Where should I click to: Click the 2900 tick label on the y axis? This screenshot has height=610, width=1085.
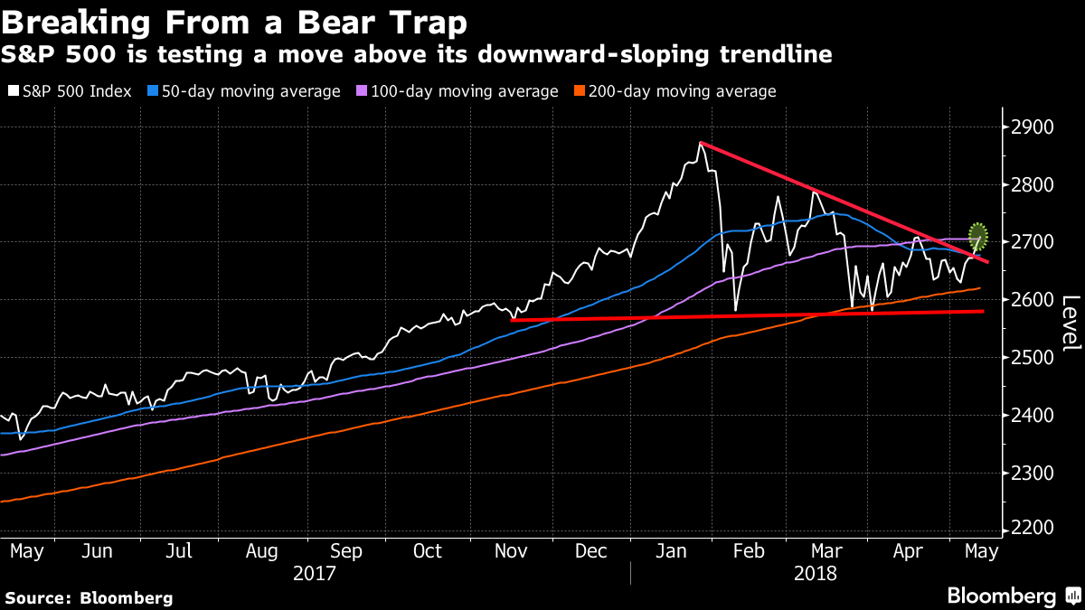1033,127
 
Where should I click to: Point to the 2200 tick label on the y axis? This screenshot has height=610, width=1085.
1033,530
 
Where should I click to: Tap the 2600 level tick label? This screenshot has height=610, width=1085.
1033,299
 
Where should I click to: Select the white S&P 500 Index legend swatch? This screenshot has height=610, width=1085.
12,91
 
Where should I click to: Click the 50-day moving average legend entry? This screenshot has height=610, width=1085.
241,91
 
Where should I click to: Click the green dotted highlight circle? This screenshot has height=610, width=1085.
977,237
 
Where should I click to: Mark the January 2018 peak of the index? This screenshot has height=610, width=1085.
700,143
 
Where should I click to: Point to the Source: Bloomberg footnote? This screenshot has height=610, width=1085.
89,597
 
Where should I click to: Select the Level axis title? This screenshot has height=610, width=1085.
1070,324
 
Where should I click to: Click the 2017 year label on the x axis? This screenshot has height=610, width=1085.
315,573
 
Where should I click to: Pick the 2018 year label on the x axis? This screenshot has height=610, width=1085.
815,573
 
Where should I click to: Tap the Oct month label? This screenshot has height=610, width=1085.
427,550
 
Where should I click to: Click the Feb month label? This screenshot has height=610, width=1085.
746,550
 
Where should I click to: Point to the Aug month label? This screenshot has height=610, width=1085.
261,550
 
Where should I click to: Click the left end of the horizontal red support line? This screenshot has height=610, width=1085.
512,319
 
